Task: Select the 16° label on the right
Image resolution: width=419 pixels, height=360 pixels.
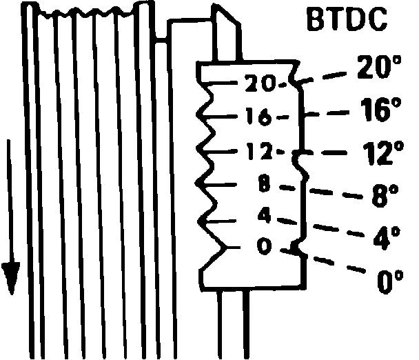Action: click(x=380, y=110)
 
